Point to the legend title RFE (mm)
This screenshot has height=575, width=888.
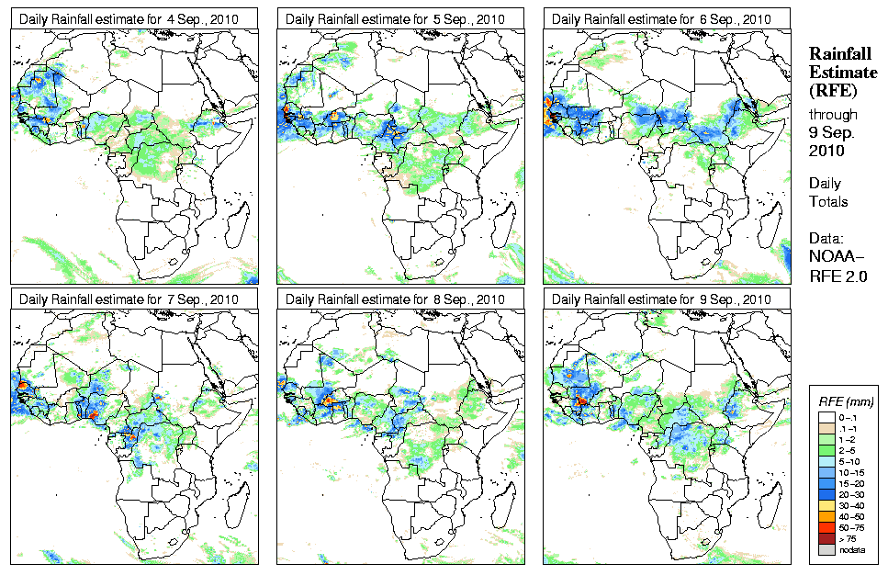pos(845,402)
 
